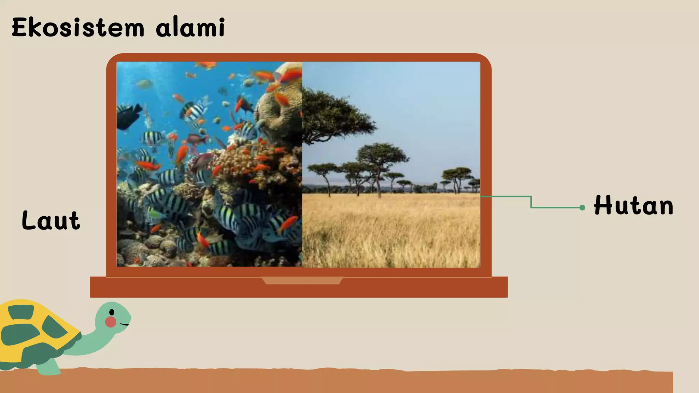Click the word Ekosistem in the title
click(x=78, y=28)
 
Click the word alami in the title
click(x=190, y=27)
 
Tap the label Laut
click(x=51, y=220)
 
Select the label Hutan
click(x=633, y=206)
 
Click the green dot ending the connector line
click(x=582, y=207)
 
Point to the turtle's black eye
click(x=112, y=312)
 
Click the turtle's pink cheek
click(x=110, y=322)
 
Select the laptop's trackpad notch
click(x=302, y=281)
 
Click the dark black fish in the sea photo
click(x=128, y=116)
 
